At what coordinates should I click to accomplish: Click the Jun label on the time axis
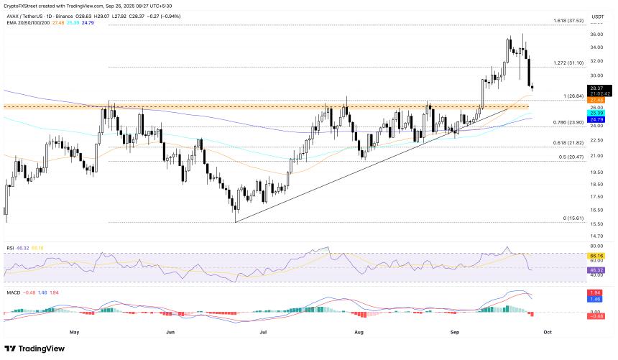(170, 333)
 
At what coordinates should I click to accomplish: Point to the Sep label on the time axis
(455, 333)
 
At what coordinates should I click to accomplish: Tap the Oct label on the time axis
(548, 333)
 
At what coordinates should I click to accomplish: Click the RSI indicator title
(11, 248)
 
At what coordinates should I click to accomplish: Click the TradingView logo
(35, 349)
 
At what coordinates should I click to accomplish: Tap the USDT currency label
(596, 17)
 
